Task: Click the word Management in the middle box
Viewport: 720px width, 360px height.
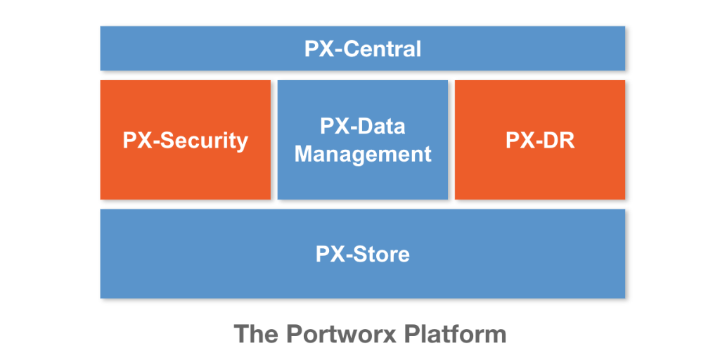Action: point(363,153)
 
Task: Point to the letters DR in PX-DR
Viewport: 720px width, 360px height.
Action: point(560,140)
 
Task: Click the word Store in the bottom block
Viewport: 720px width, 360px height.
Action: point(383,254)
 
